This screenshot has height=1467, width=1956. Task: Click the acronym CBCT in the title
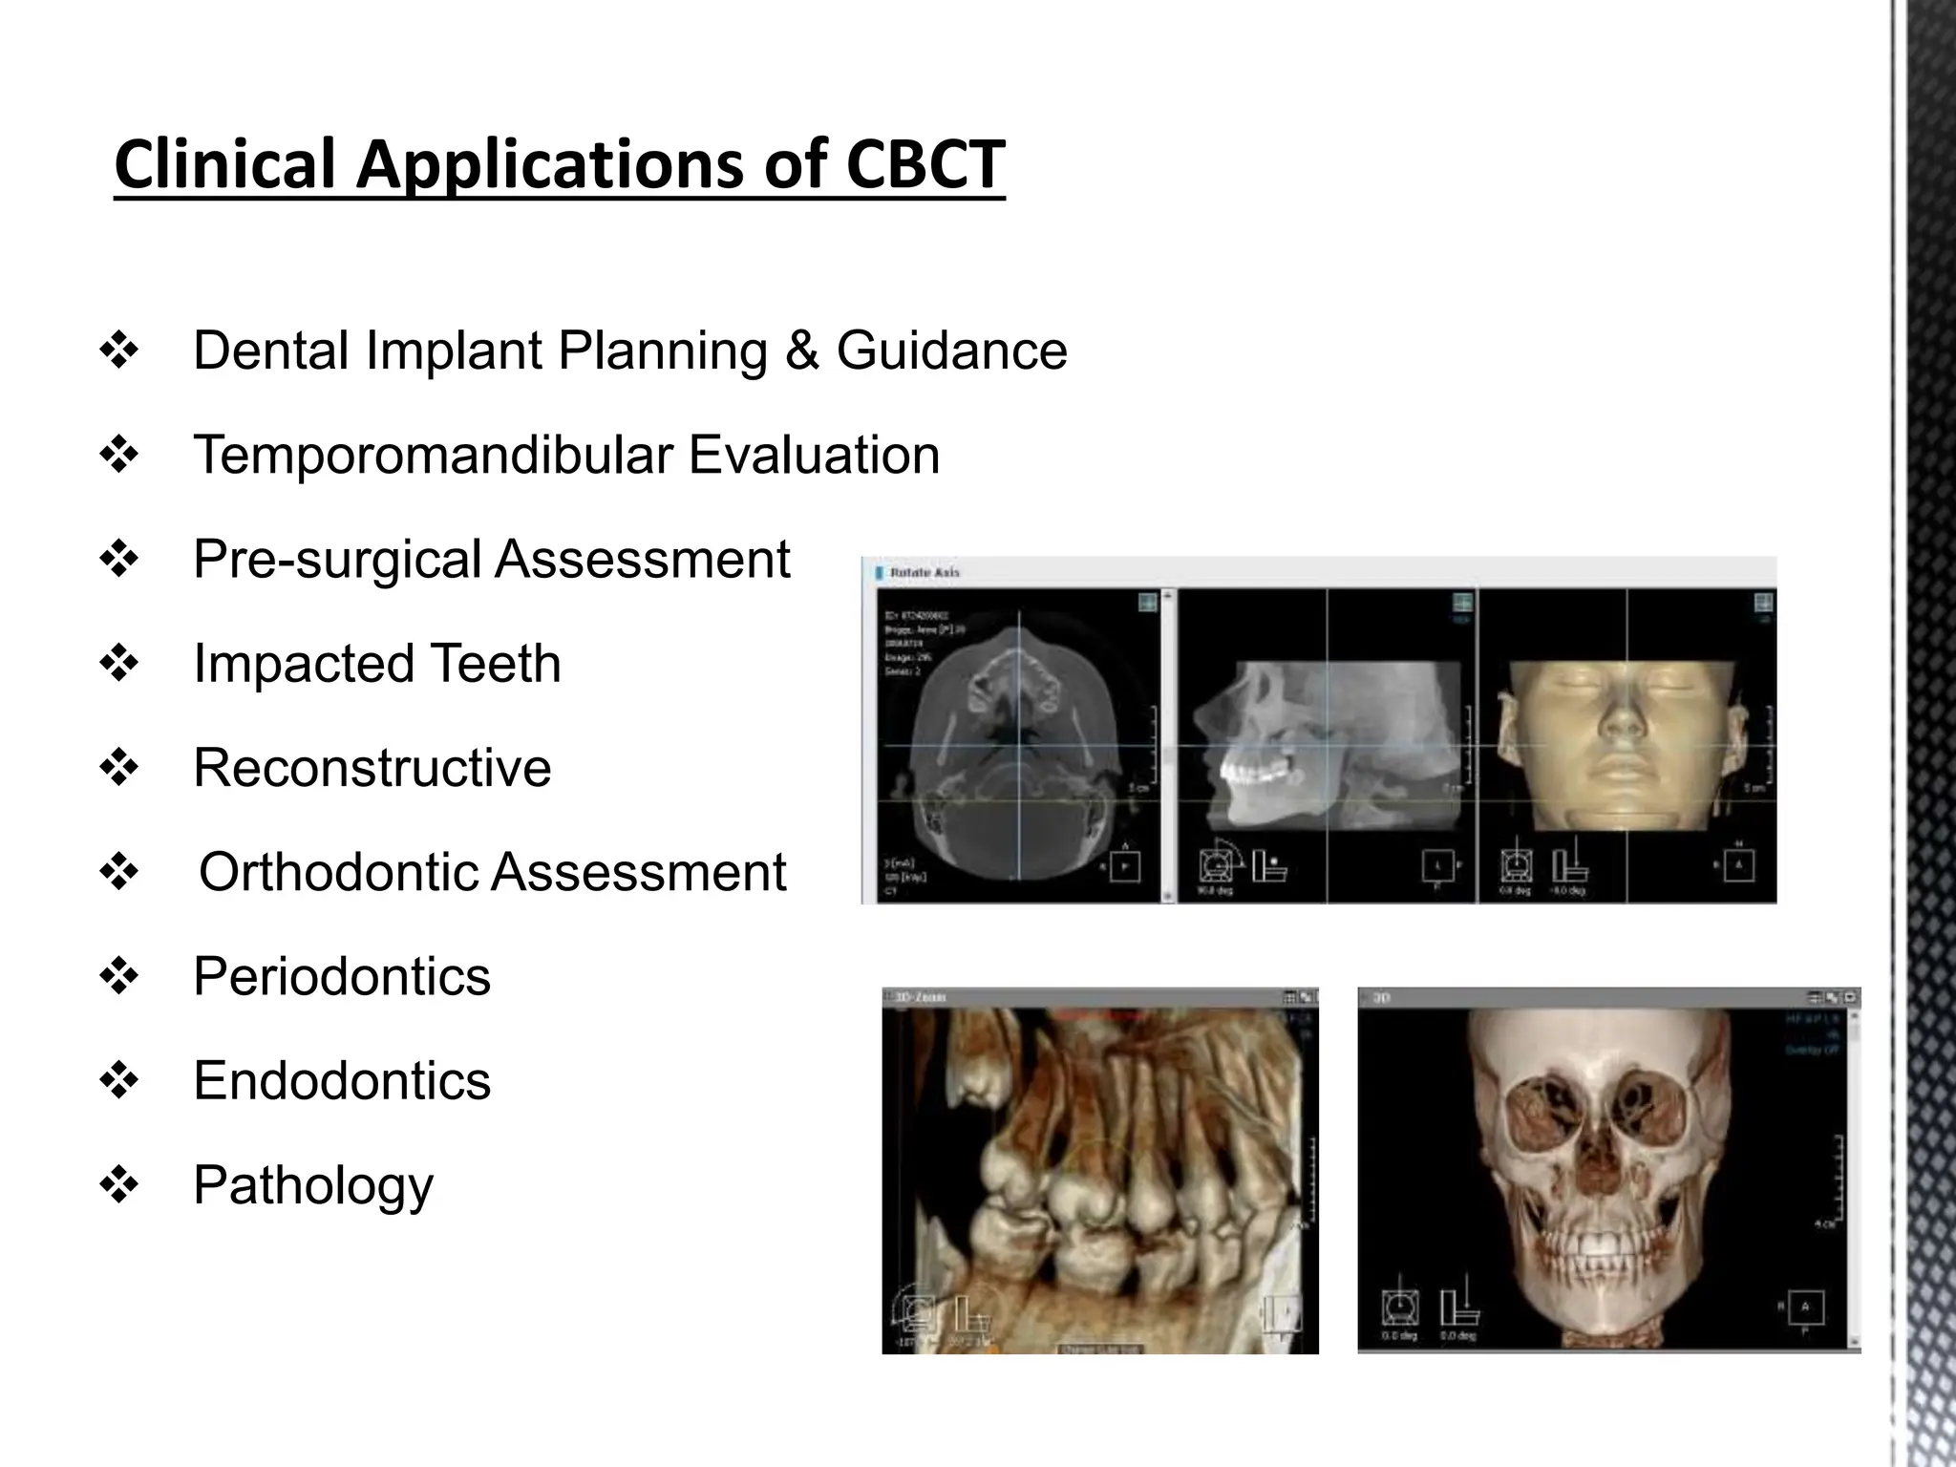coord(925,164)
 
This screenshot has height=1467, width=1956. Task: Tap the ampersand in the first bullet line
coord(802,351)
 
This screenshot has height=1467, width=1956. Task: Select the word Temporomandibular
coord(433,455)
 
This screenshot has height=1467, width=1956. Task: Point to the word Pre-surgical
coord(336,560)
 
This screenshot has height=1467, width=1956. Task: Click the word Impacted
coord(303,664)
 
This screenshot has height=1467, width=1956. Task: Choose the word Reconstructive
coord(372,768)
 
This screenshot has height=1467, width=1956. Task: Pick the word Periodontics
coord(342,976)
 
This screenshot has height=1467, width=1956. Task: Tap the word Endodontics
coord(342,1080)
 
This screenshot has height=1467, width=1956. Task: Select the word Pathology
coord(313,1186)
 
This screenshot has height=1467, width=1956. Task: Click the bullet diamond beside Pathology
coord(119,1185)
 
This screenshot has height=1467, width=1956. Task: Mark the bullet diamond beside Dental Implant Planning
coord(119,351)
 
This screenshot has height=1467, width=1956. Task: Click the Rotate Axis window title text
coord(924,573)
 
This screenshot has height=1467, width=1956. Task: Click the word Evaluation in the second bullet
coord(814,455)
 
